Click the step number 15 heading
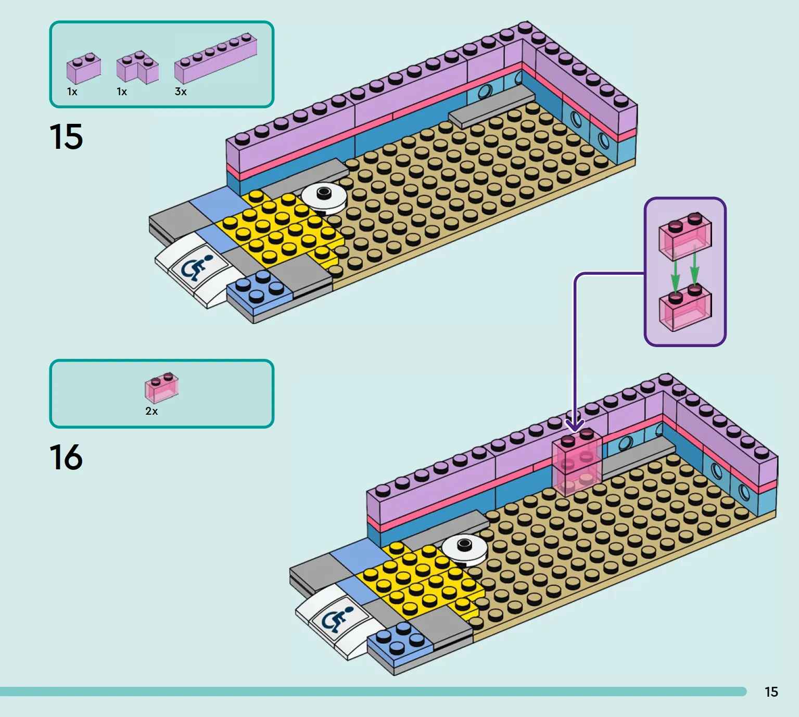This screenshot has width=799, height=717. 66,136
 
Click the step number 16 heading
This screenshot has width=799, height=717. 66,457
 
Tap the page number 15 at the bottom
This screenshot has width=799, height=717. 771,692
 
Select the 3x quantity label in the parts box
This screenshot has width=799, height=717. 181,92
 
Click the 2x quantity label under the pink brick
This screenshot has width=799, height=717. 151,411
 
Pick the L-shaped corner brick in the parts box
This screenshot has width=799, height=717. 137,67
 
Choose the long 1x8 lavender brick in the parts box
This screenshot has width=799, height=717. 215,58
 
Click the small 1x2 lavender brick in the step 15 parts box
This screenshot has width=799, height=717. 84,68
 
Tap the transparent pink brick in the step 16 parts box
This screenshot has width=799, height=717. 162,388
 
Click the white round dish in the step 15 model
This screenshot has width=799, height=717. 324,197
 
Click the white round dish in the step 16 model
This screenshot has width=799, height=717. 464,549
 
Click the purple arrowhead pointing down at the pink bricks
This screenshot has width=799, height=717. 575,425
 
